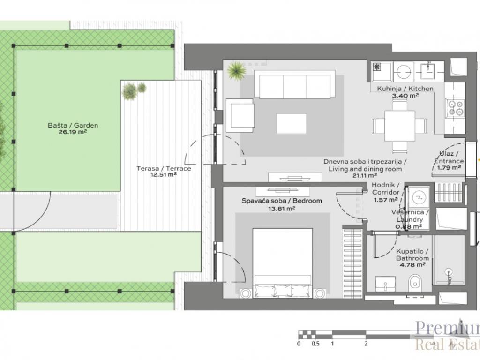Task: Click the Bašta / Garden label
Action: [x=73, y=125]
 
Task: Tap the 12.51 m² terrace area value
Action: [x=164, y=175]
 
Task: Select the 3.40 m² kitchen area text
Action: [x=405, y=96]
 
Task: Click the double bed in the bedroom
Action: [x=283, y=262]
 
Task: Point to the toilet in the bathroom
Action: [x=414, y=281]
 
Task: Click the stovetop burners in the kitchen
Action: [x=455, y=108]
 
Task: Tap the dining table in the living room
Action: [x=399, y=126]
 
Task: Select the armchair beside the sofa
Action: [x=240, y=113]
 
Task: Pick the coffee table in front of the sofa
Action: [x=292, y=123]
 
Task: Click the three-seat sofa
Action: [x=295, y=84]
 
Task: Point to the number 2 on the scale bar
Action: [x=366, y=344]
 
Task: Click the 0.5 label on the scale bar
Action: [x=315, y=344]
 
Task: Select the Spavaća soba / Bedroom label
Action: [x=282, y=201]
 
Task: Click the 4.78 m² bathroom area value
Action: [x=412, y=265]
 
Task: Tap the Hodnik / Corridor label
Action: [x=385, y=188]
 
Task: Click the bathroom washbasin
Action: [x=385, y=284]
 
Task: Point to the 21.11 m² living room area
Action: [x=365, y=175]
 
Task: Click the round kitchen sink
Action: [x=404, y=72]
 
